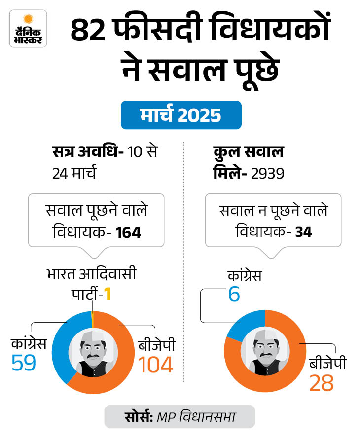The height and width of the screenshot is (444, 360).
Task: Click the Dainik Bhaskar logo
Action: pyautogui.click(x=28, y=29)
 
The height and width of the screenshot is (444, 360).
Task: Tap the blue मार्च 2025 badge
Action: pyautogui.click(x=181, y=115)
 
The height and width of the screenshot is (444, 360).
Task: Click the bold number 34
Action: pyautogui.click(x=303, y=232)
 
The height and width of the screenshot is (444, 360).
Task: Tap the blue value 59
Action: pyautogui.click(x=24, y=363)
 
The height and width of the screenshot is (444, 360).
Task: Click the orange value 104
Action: pyautogui.click(x=155, y=365)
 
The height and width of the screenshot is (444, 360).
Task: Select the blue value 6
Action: pyautogui.click(x=234, y=295)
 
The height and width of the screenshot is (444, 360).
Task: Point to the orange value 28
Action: pyautogui.click(x=321, y=383)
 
